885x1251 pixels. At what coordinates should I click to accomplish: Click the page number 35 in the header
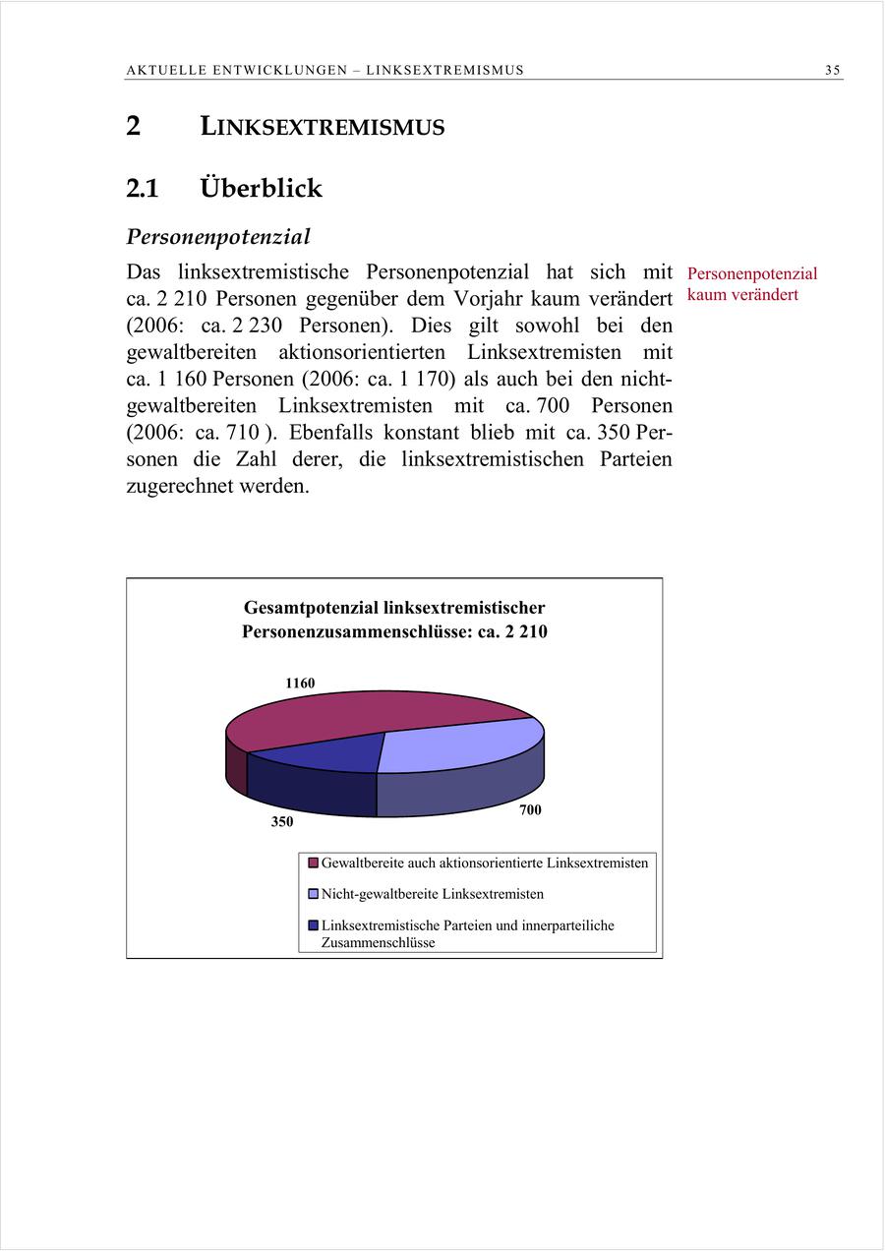833,70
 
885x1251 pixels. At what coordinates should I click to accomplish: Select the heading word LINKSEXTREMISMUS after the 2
323,127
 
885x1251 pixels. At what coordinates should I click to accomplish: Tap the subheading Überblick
261,187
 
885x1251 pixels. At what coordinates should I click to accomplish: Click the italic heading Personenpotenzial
218,237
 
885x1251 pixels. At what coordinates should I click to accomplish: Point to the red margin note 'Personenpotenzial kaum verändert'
751,284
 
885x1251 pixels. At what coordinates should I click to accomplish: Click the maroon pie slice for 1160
354,716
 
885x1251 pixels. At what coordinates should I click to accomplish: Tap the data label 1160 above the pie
300,683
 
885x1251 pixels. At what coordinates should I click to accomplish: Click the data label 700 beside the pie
530,809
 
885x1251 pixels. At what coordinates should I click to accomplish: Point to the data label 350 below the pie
282,822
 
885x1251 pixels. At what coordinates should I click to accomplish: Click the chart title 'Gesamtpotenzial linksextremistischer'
394,608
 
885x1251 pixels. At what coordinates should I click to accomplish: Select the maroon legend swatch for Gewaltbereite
313,864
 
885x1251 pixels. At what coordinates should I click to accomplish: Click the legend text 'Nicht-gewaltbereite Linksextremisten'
432,894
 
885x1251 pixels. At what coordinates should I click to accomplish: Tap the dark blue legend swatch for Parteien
313,925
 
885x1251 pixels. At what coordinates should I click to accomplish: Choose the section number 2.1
143,187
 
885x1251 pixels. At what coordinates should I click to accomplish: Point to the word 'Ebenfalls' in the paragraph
331,432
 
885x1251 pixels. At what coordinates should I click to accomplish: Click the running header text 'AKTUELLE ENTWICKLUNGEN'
236,70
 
